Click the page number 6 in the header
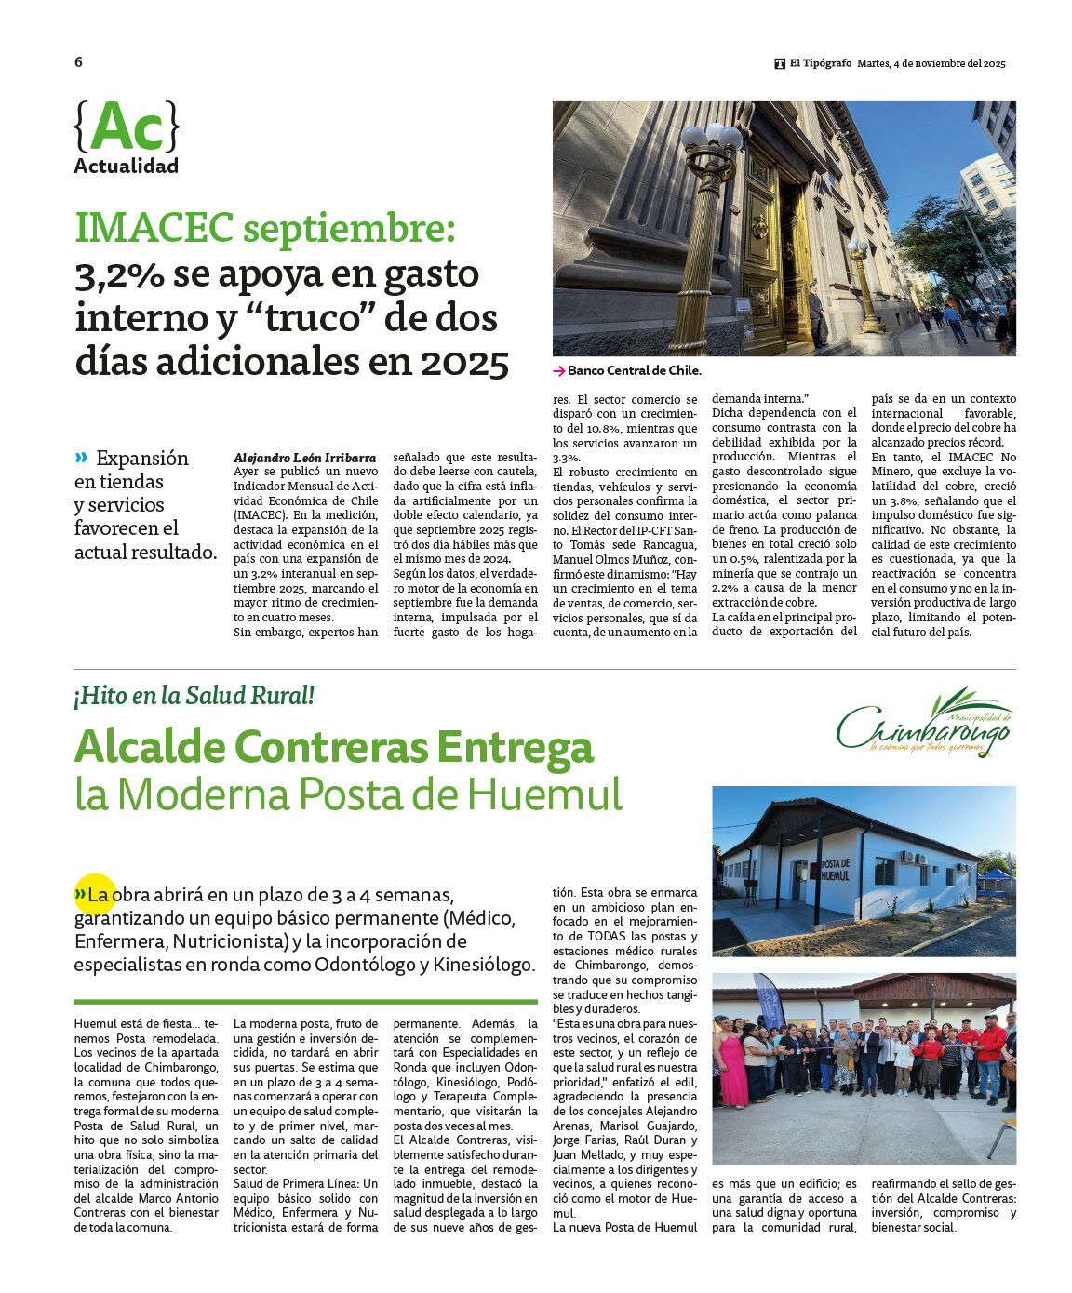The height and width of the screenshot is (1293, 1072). pyautogui.click(x=78, y=62)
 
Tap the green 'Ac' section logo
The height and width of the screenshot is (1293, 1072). pyautogui.click(x=127, y=127)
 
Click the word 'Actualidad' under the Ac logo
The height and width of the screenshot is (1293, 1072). pyautogui.click(x=127, y=167)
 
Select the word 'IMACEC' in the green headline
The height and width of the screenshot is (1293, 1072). pyautogui.click(x=154, y=228)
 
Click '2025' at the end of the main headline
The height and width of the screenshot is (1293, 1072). pyautogui.click(x=464, y=363)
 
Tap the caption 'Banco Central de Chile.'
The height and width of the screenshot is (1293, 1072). pyautogui.click(x=635, y=370)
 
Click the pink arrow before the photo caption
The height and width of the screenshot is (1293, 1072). pyautogui.click(x=558, y=370)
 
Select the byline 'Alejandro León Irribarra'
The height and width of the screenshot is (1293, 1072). pyautogui.click(x=305, y=458)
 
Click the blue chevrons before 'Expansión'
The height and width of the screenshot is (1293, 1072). pyautogui.click(x=82, y=457)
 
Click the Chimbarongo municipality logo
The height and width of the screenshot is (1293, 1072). pyautogui.click(x=924, y=723)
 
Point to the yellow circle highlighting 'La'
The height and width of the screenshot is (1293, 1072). pyautogui.click(x=95, y=894)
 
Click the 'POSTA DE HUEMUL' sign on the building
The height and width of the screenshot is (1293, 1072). pyautogui.click(x=835, y=871)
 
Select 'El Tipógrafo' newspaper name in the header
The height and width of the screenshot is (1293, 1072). pyautogui.click(x=820, y=63)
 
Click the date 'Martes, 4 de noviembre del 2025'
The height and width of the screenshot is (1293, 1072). pyautogui.click(x=931, y=63)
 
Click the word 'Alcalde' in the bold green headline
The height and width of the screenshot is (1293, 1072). pyautogui.click(x=150, y=747)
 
